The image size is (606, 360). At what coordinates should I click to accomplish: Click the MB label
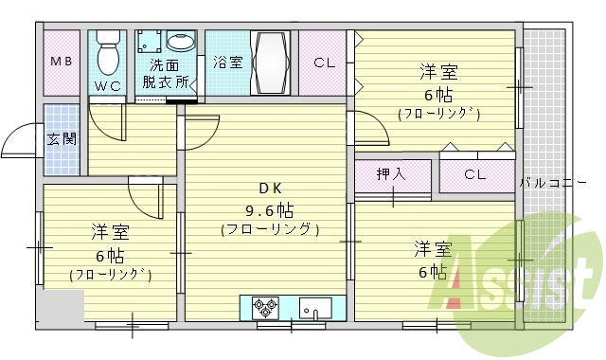pos(61,63)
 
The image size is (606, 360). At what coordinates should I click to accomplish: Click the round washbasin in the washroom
pos(179,42)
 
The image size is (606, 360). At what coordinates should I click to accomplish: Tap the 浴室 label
pos(227,63)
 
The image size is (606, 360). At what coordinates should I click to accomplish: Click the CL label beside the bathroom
pos(325,63)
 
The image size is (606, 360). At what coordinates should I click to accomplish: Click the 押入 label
pos(390,174)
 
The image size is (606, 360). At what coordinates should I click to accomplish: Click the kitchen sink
pos(315,307)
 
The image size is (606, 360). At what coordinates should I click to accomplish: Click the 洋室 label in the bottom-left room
pos(110,232)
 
